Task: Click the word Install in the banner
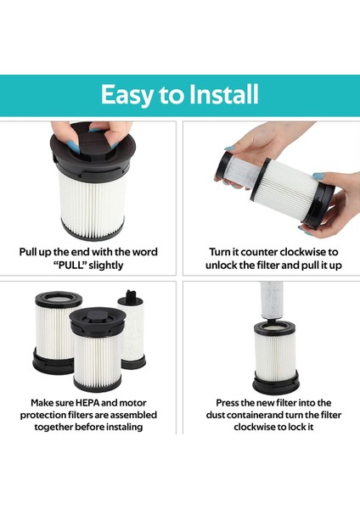click(x=223, y=94)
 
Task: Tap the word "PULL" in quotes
click(x=70, y=266)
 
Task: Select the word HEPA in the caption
click(x=87, y=403)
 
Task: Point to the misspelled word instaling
click(x=125, y=427)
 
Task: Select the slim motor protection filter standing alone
click(x=132, y=329)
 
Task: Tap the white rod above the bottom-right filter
click(x=272, y=300)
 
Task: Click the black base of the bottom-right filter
click(x=276, y=383)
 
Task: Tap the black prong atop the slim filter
click(x=130, y=294)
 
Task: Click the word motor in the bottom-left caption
click(x=132, y=403)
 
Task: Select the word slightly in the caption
click(x=106, y=266)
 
